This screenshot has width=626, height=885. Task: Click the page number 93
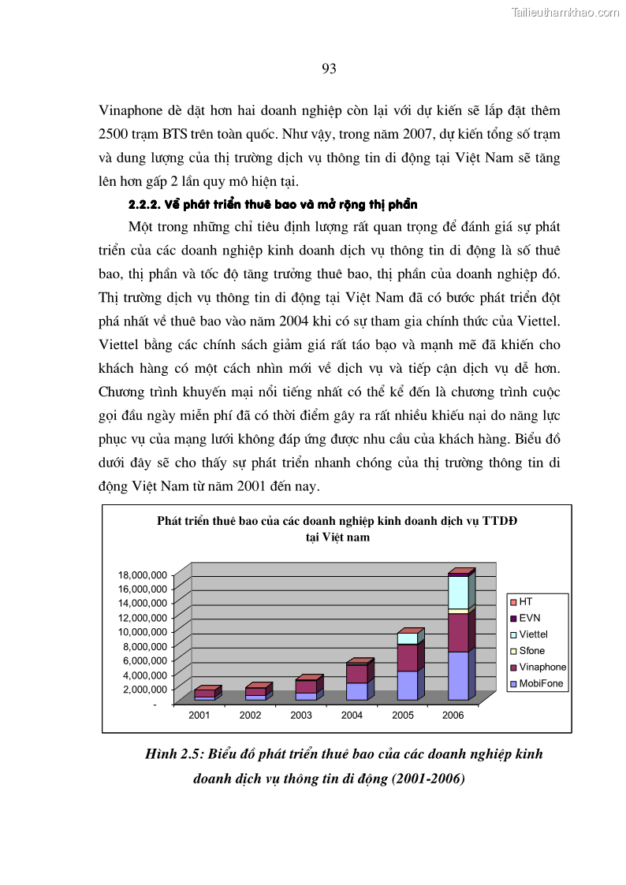click(x=330, y=69)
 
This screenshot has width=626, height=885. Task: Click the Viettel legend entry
click(x=533, y=634)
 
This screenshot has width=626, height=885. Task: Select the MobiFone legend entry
click(x=541, y=683)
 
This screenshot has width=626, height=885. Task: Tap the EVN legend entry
click(x=530, y=618)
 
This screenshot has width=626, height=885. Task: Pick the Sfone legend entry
click(x=532, y=651)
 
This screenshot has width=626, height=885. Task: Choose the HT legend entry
click(x=526, y=601)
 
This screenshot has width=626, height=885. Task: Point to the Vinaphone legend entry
click(x=542, y=667)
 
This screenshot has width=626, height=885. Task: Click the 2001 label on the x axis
click(x=199, y=716)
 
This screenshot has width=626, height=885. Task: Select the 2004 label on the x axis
click(x=352, y=716)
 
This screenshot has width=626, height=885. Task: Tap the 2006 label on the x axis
click(x=453, y=716)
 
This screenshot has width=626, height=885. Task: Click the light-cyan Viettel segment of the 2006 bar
click(x=458, y=593)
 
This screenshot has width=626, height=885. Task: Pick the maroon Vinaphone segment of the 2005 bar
click(x=407, y=657)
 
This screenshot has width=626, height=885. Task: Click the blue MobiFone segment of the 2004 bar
click(x=356, y=691)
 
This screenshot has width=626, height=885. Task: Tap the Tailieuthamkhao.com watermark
click(x=565, y=12)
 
